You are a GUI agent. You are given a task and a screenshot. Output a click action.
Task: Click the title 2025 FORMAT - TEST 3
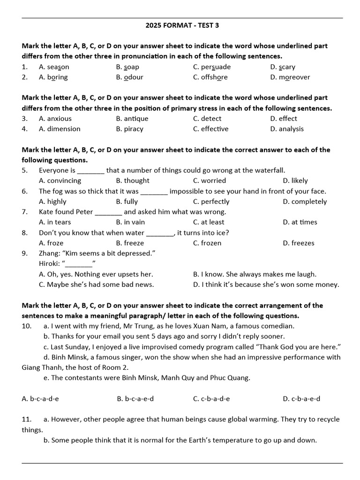(182, 25)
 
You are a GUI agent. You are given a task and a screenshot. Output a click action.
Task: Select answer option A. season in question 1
(54, 67)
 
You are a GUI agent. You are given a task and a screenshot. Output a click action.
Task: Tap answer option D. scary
(283, 67)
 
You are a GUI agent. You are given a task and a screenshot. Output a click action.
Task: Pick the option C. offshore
(210, 77)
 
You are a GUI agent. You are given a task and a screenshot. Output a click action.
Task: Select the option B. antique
(132, 119)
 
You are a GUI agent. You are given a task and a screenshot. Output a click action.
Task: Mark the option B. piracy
(129, 129)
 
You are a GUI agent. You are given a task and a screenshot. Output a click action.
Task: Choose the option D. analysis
(286, 129)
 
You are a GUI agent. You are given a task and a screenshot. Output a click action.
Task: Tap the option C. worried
(209, 181)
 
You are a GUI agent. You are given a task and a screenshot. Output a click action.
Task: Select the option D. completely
(305, 202)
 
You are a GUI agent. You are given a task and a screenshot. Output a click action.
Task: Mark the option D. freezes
(299, 243)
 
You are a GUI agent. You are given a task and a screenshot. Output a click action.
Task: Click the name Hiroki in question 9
(49, 263)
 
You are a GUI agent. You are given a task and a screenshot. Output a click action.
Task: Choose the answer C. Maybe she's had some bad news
(96, 285)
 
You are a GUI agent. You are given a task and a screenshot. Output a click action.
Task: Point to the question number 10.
(26, 326)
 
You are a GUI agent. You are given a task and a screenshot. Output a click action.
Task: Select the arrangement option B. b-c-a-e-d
(135, 399)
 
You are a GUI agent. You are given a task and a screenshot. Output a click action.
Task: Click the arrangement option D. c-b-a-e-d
(301, 399)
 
